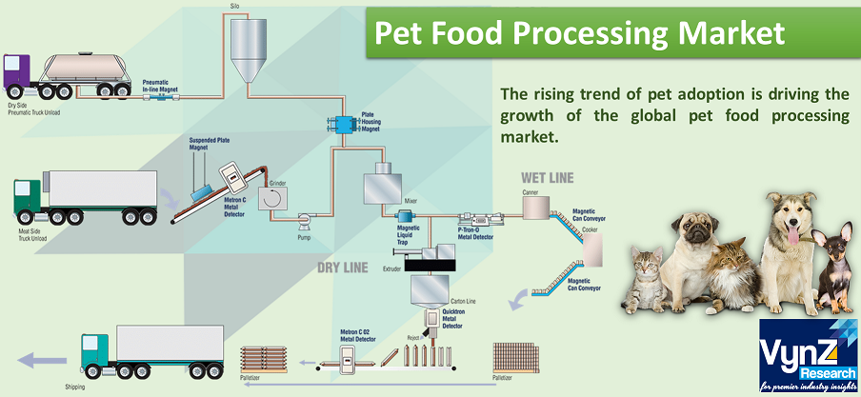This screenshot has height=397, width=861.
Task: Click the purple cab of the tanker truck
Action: pos(20,74)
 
